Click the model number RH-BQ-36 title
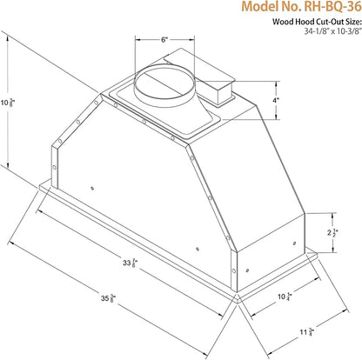click(x=302, y=6)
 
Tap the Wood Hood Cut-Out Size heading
click(x=317, y=22)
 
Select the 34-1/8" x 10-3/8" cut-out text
click(x=333, y=31)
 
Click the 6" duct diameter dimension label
click(x=164, y=40)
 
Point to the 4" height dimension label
click(x=276, y=100)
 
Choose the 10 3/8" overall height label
click(x=9, y=102)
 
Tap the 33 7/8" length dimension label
click(x=130, y=263)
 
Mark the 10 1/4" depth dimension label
click(x=285, y=297)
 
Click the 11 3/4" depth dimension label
click(x=307, y=332)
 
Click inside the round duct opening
click(x=164, y=83)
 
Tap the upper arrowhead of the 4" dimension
click(x=276, y=83)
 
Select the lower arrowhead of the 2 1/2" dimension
click(x=333, y=250)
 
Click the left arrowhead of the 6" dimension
click(x=137, y=40)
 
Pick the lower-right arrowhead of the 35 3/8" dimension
click(x=206, y=354)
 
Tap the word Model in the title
click(x=258, y=6)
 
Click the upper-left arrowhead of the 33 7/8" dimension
click(x=39, y=211)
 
